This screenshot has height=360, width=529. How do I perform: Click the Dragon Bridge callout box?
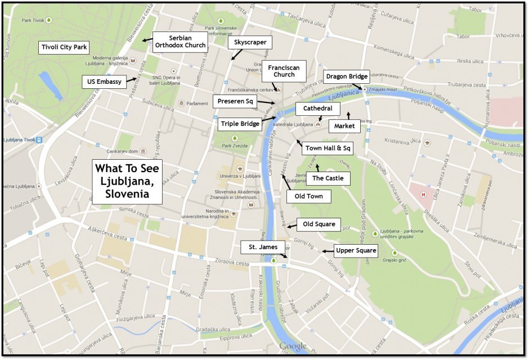tap(347, 76)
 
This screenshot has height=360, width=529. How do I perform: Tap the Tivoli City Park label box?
tap(64, 47)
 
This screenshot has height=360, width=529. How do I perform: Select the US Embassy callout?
tap(105, 82)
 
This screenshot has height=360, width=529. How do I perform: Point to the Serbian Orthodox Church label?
tap(180, 42)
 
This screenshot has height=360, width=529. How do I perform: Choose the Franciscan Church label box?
tap(284, 71)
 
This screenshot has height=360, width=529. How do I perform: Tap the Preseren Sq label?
tap(235, 101)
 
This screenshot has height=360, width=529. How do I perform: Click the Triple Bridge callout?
tap(240, 124)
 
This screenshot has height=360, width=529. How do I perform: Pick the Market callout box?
tap(344, 127)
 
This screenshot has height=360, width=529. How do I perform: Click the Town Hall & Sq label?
tap(328, 149)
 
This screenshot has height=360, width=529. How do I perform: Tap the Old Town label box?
tap(308, 197)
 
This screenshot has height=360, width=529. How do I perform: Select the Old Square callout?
tap(319, 224)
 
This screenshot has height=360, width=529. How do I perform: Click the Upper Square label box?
tap(355, 251)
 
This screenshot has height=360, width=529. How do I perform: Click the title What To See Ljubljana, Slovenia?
tap(128, 181)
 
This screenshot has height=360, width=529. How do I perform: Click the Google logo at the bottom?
tap(293, 346)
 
